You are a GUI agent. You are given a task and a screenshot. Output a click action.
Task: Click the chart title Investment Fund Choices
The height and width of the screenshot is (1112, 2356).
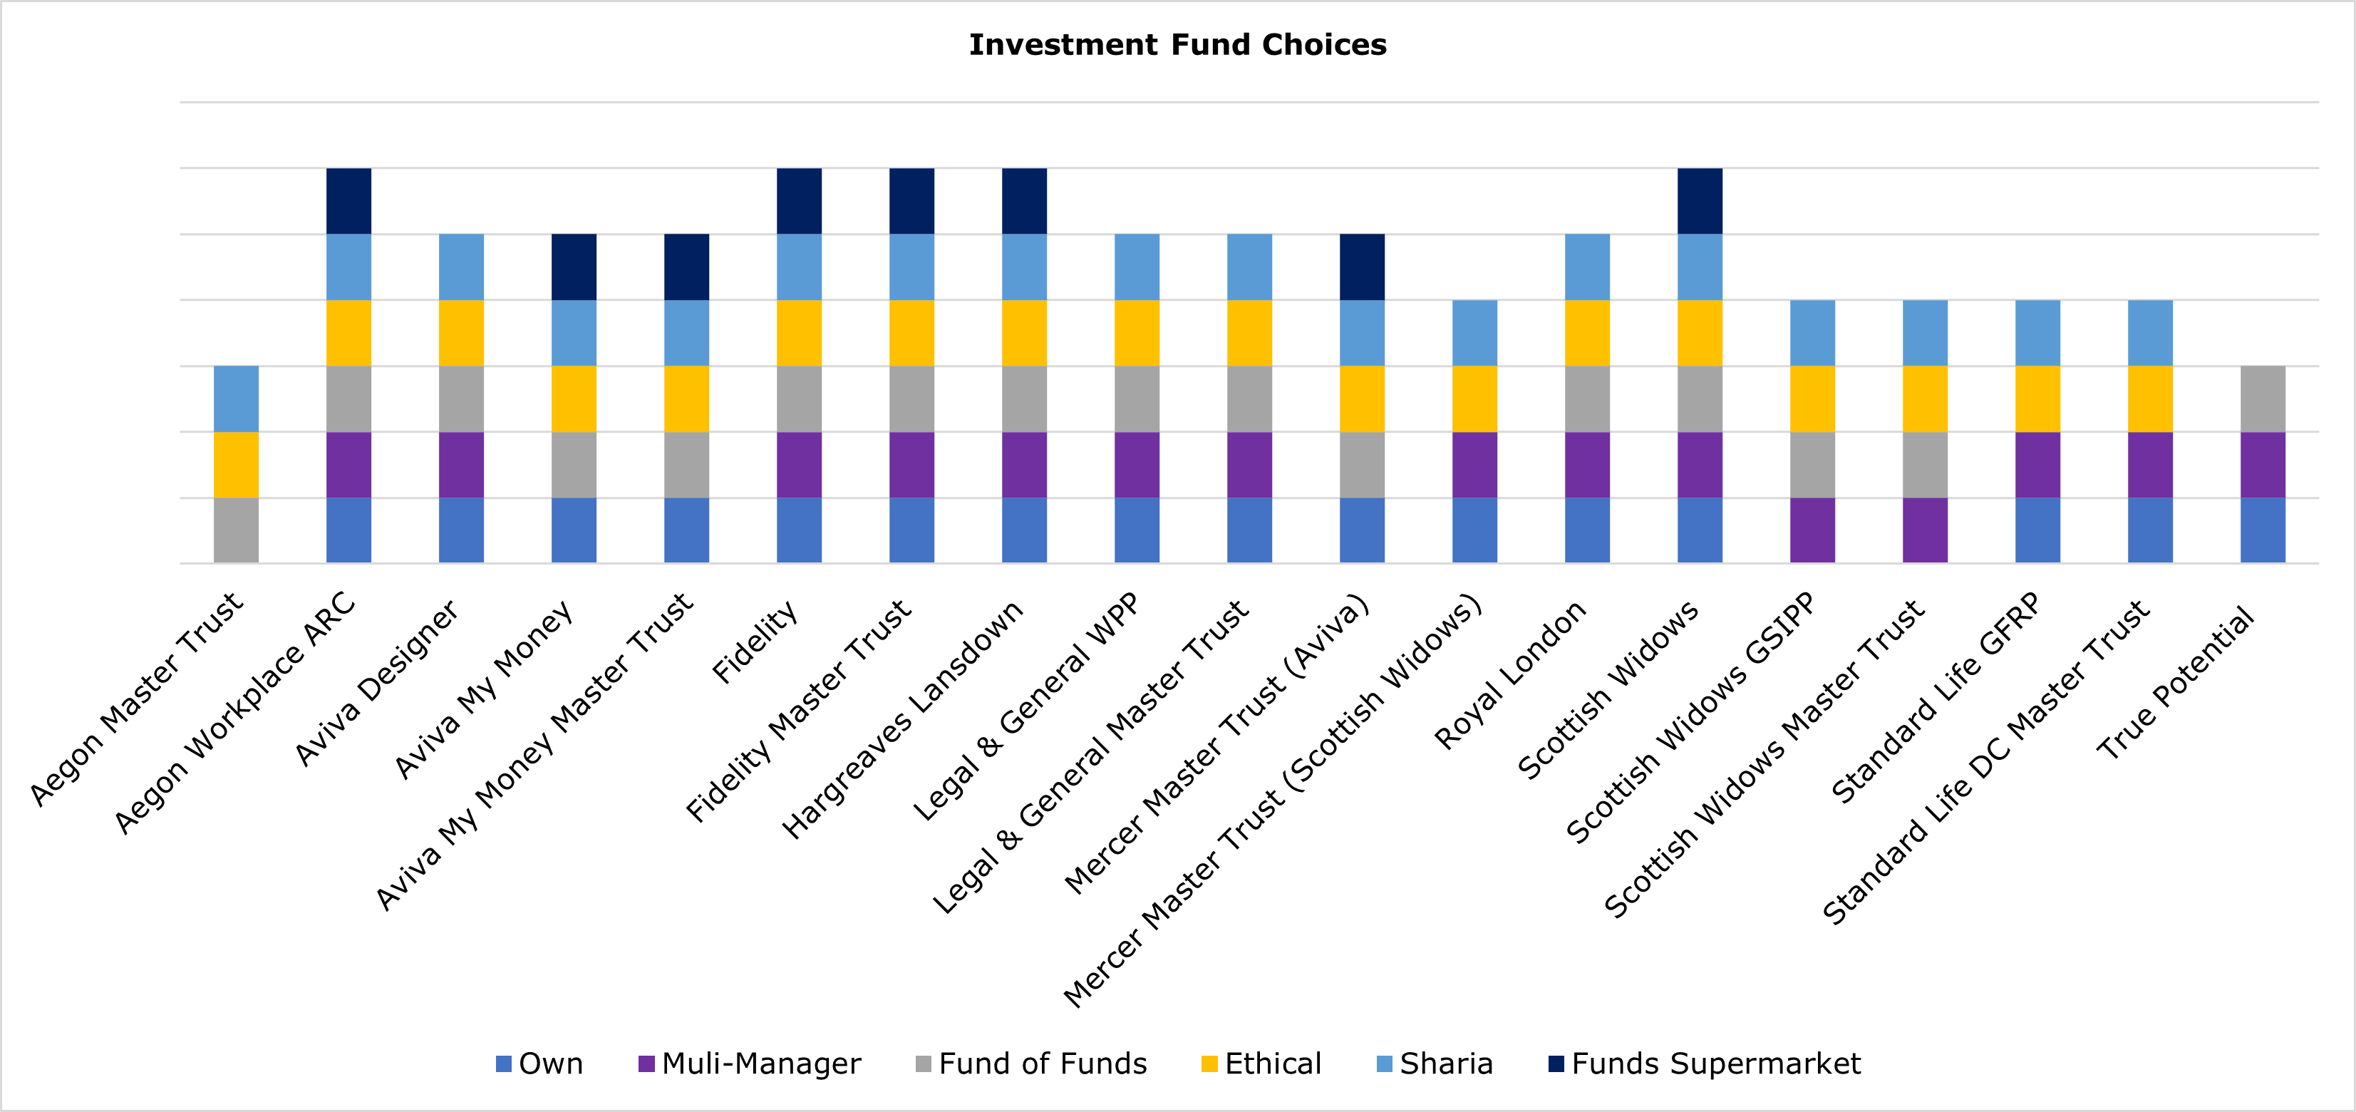tap(1177, 45)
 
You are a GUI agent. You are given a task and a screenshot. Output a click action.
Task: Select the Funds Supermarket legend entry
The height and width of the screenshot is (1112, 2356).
tap(1704, 1064)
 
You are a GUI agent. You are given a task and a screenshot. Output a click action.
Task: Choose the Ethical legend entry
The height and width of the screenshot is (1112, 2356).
tap(1262, 1064)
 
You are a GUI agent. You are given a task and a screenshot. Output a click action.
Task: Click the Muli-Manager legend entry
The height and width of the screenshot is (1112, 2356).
tap(750, 1064)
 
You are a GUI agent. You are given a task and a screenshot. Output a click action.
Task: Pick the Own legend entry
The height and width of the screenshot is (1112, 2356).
tap(539, 1064)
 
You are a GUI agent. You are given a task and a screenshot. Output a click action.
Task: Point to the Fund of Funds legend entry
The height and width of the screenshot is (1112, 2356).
tap(1032, 1064)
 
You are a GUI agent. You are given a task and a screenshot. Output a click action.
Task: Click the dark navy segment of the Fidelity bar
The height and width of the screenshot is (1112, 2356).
tap(798, 201)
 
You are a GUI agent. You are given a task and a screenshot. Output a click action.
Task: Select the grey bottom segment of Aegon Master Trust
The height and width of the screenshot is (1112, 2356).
tap(236, 530)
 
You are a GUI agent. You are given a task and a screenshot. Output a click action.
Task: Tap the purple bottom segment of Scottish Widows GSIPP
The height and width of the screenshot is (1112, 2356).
tap(1812, 530)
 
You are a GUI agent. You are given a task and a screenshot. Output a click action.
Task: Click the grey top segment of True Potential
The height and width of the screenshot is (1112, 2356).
tap(2263, 398)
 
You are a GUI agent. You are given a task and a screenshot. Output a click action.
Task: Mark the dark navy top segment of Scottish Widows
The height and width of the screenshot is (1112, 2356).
tap(1700, 201)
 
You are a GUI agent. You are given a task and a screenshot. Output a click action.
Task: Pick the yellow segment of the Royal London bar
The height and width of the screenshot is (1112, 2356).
tap(1587, 333)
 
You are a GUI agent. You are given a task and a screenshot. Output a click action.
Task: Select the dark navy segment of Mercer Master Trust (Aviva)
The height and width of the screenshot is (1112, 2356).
tap(1362, 267)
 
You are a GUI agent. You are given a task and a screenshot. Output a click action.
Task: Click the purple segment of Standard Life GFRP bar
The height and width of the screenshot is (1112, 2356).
tap(2037, 465)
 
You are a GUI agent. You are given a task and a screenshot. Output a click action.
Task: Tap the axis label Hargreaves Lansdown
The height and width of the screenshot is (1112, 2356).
tap(903, 720)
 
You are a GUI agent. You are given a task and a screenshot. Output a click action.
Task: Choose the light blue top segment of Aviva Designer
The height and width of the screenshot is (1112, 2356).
tap(461, 267)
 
